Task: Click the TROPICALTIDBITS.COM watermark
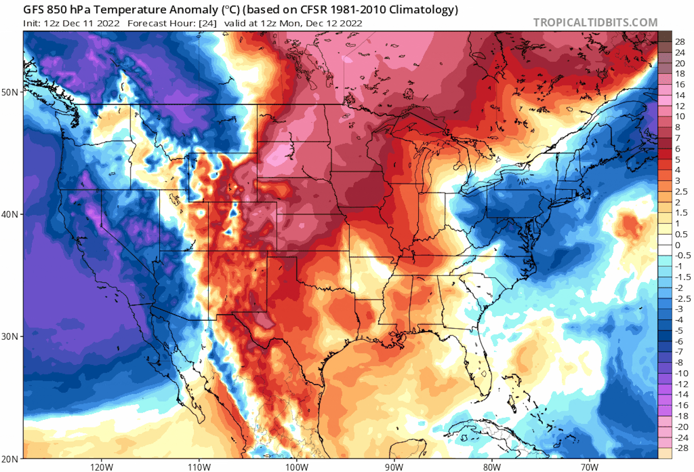click(x=595, y=23)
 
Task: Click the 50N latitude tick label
click(x=10, y=92)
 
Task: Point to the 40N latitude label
click(x=10, y=214)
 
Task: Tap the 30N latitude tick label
click(x=10, y=337)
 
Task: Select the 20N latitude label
click(x=10, y=459)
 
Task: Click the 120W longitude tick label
click(x=102, y=467)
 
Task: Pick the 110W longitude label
click(x=199, y=467)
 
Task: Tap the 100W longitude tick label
click(x=297, y=467)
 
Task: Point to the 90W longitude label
click(x=394, y=467)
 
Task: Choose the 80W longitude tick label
click(x=492, y=467)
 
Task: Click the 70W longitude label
click(x=590, y=467)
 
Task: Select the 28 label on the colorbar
click(x=680, y=42)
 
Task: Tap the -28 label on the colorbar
click(x=681, y=448)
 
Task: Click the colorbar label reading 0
click(x=678, y=245)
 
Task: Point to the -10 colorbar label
click(x=681, y=373)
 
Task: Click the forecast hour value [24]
click(x=208, y=23)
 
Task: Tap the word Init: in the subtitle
click(x=32, y=23)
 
